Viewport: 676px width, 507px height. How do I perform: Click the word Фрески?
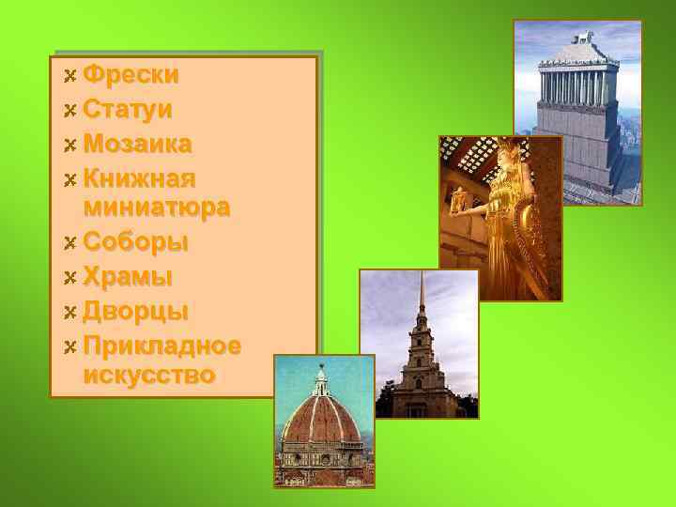(131, 74)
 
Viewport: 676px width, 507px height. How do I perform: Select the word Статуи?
(128, 109)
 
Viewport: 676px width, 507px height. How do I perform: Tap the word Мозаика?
(137, 144)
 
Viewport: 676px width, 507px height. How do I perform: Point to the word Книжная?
(139, 177)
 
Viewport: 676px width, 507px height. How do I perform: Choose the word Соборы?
(135, 242)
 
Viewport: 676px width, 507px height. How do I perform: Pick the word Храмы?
(128, 277)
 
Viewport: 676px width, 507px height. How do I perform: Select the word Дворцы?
(135, 311)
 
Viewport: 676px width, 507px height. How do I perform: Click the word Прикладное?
(161, 345)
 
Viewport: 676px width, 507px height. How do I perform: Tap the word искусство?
(148, 376)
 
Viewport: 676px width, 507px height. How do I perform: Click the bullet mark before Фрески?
(69, 75)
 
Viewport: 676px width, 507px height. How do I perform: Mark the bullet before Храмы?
(69, 278)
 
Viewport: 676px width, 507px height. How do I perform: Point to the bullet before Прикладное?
(69, 346)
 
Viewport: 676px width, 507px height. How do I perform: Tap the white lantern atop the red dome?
(321, 380)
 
